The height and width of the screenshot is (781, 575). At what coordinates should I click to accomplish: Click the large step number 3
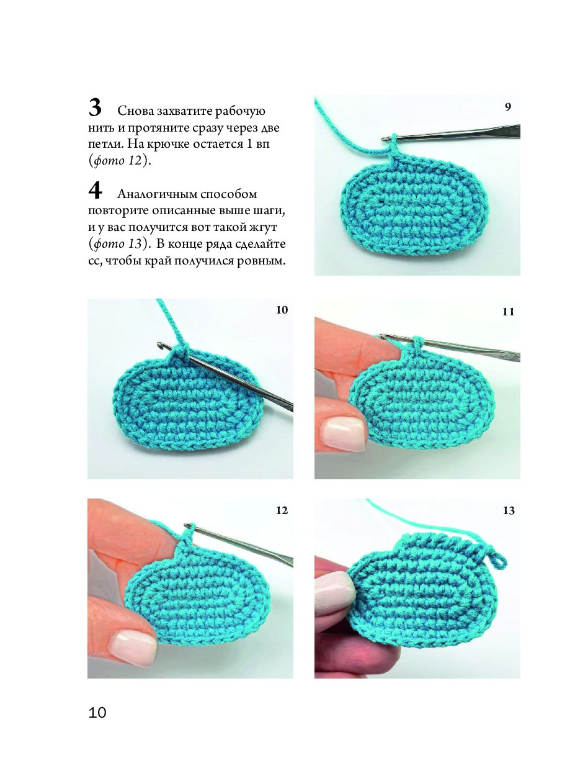coord(95,108)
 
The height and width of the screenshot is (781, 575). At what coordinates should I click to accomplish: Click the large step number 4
coord(95,191)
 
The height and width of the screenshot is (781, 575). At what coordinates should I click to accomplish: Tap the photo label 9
coord(508,107)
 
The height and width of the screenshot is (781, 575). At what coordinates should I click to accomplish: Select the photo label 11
coord(509,312)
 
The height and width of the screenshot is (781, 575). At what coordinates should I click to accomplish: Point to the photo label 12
coord(282,511)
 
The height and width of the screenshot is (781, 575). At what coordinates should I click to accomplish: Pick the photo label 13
coord(509,511)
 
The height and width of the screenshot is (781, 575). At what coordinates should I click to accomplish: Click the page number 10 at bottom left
coord(97,712)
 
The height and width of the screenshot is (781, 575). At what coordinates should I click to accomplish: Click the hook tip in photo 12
coord(188,525)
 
